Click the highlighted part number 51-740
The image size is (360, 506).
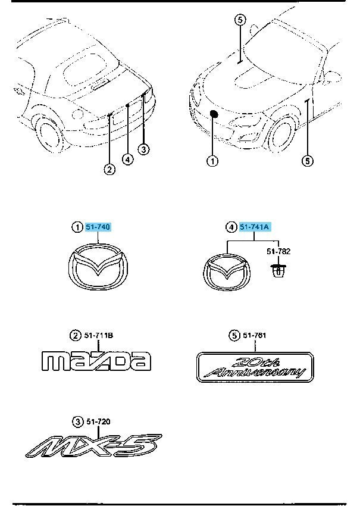(x=98, y=227)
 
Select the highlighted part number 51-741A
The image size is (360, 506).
(x=254, y=227)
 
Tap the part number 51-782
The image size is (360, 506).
(x=278, y=251)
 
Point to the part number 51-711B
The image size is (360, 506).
(x=99, y=336)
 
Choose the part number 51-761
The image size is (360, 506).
(x=255, y=336)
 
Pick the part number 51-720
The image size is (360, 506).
(x=98, y=421)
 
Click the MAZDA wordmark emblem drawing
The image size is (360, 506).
(x=96, y=361)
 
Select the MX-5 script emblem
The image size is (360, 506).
(x=93, y=446)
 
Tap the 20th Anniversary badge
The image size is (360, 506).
(x=255, y=367)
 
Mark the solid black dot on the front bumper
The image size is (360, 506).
(x=214, y=114)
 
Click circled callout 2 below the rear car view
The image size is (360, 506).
(x=109, y=169)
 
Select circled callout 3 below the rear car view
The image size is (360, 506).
(x=143, y=149)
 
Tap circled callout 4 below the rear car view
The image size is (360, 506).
(x=128, y=160)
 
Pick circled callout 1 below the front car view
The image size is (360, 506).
(x=212, y=161)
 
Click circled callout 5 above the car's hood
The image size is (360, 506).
(x=240, y=20)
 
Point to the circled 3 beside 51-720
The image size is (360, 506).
(x=77, y=421)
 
